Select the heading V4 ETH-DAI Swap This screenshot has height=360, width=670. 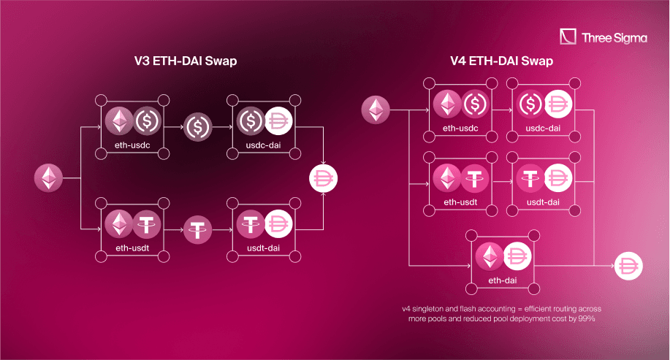pyautogui.click(x=501, y=63)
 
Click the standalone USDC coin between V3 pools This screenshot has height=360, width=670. pyautogui.click(x=197, y=127)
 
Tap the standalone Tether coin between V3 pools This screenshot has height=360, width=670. pyautogui.click(x=197, y=229)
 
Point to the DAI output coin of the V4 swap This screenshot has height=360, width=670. pyautogui.click(x=628, y=267)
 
